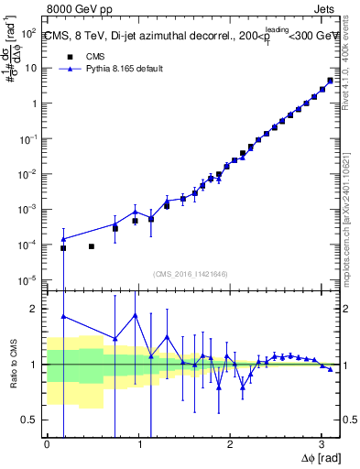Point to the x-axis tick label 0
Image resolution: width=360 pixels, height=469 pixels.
(x=47, y=443)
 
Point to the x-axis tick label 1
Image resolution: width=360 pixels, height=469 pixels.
(x=138, y=443)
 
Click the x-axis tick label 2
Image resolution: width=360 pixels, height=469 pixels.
(x=230, y=443)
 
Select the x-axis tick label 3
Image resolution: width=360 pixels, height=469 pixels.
(x=321, y=443)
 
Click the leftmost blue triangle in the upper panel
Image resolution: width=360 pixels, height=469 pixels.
(x=63, y=239)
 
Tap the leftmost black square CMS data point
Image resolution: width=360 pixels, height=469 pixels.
(x=63, y=248)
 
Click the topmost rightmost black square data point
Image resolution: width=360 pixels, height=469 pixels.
(x=330, y=81)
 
